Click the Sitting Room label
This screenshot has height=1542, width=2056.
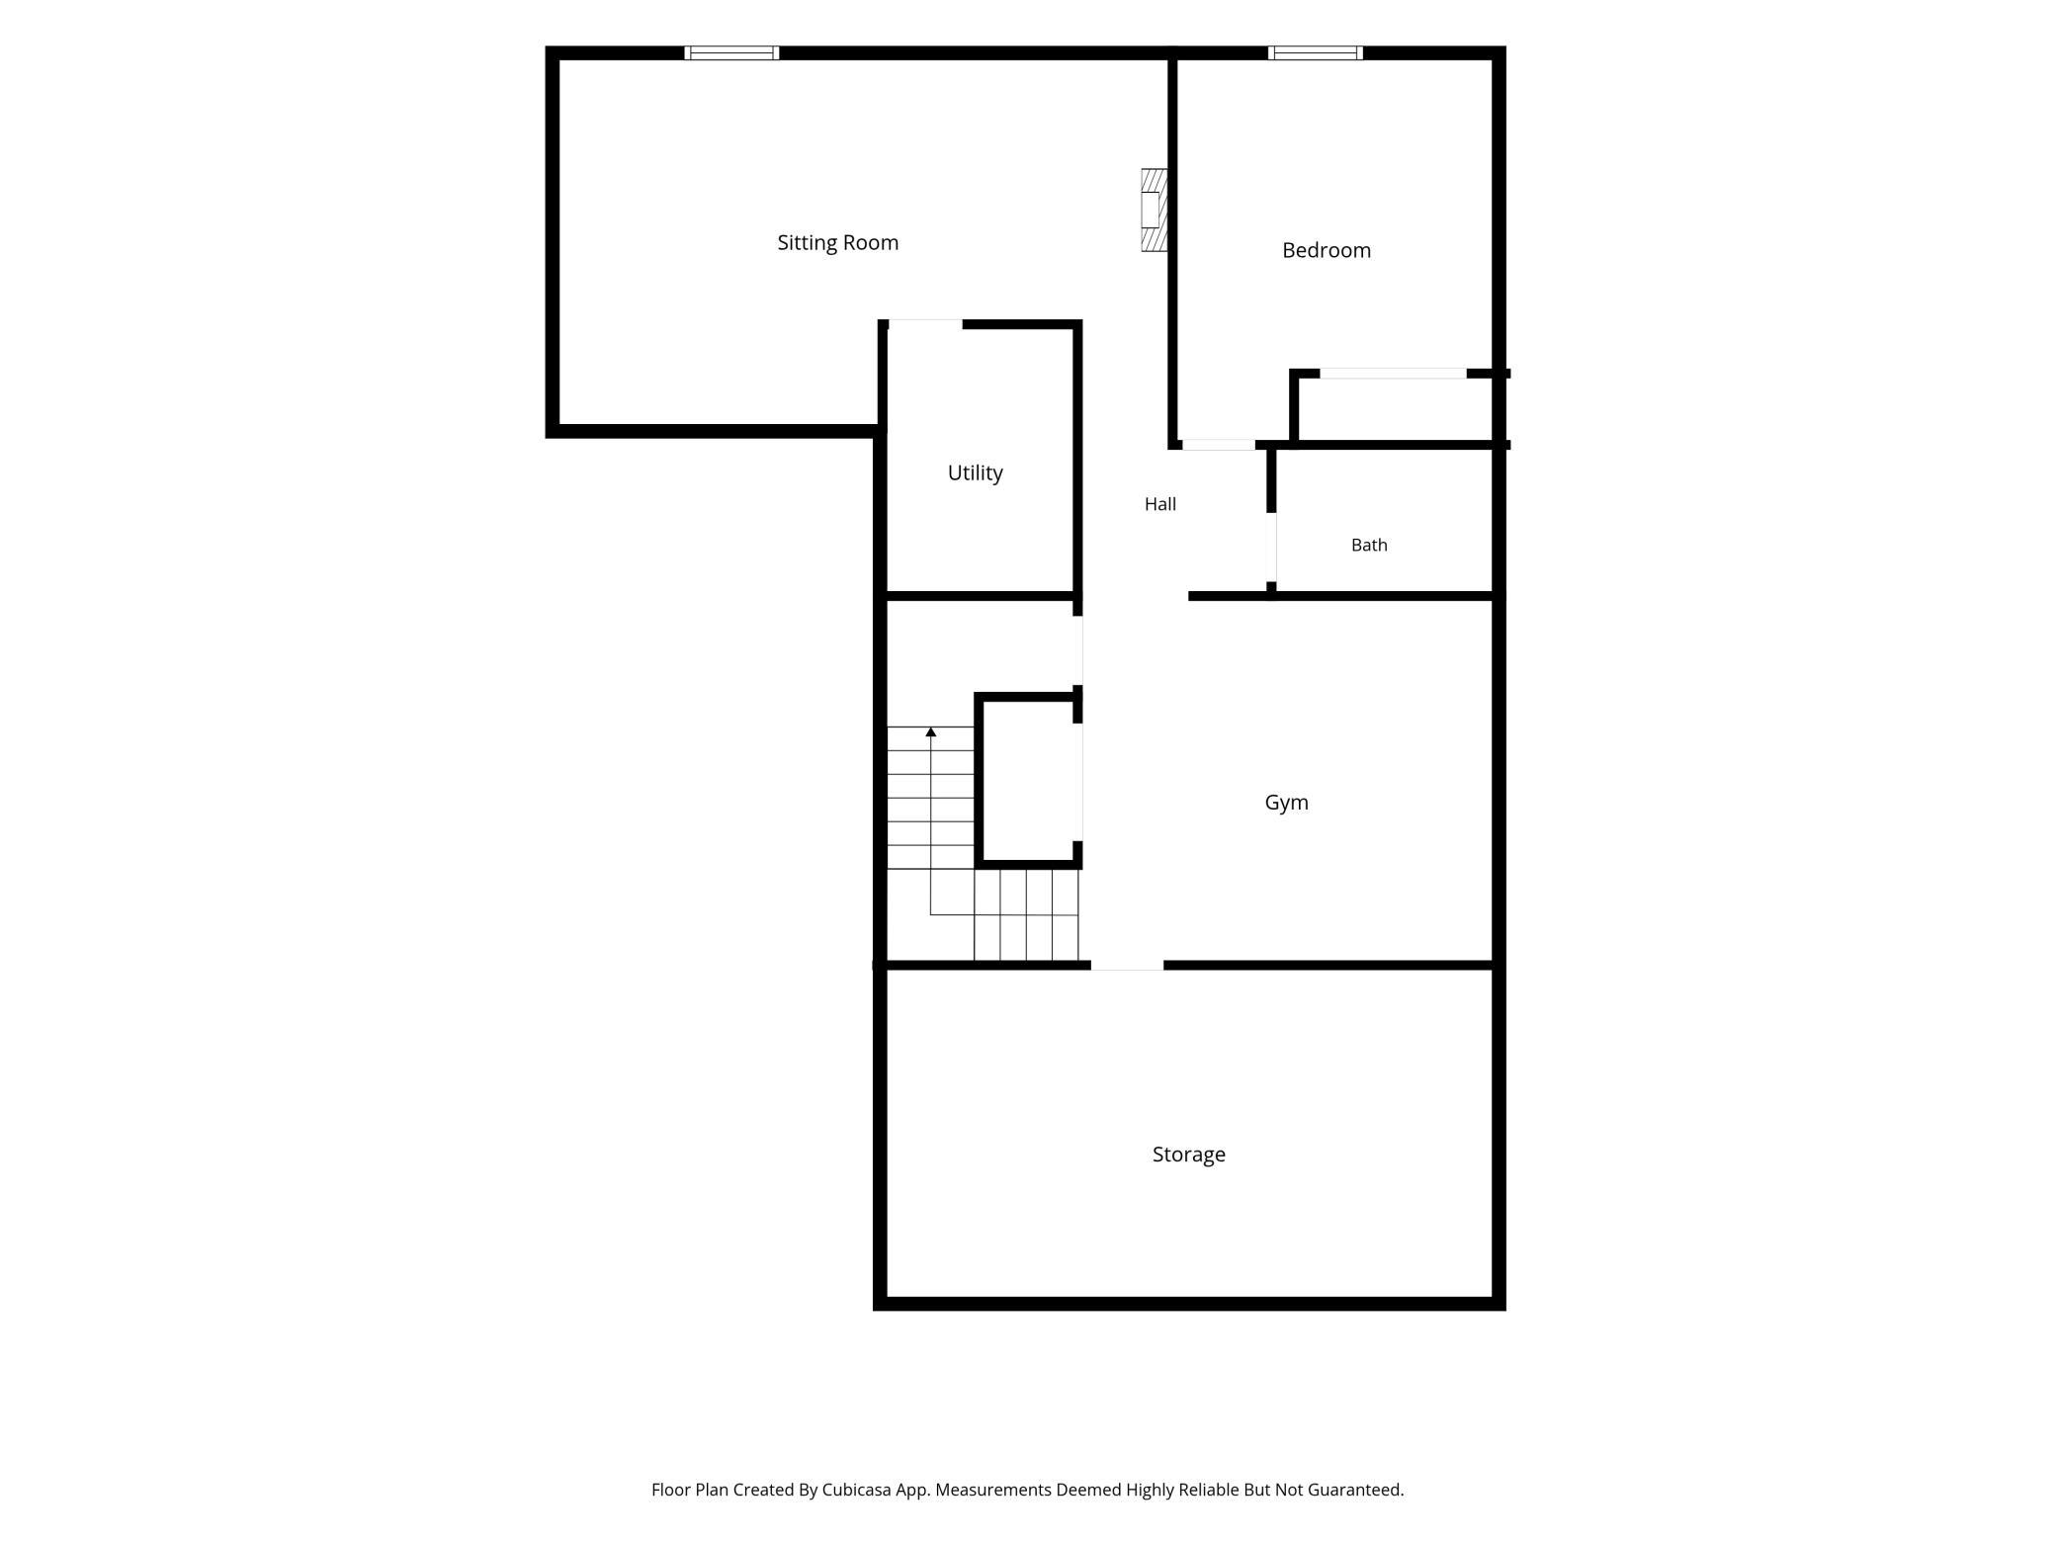pyautogui.click(x=837, y=243)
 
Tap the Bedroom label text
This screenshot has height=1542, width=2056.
pyautogui.click(x=1327, y=251)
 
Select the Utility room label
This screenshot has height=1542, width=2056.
pyautogui.click(x=975, y=473)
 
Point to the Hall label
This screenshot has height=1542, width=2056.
pyautogui.click(x=1160, y=504)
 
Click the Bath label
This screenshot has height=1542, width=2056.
pyautogui.click(x=1369, y=545)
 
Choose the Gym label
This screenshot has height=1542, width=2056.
pyautogui.click(x=1286, y=803)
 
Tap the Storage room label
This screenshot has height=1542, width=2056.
pyautogui.click(x=1188, y=1155)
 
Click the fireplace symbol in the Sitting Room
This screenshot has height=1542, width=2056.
pyautogui.click(x=1154, y=210)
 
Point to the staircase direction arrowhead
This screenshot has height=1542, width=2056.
pyautogui.click(x=930, y=731)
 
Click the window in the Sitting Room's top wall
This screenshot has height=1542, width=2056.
pyautogui.click(x=731, y=53)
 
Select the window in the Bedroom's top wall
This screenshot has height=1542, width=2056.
pyautogui.click(x=1316, y=53)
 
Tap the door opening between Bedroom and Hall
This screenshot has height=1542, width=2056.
pyautogui.click(x=1219, y=445)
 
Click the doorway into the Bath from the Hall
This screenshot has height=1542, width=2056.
pyautogui.click(x=1271, y=548)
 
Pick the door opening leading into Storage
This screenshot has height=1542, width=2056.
pyautogui.click(x=1127, y=965)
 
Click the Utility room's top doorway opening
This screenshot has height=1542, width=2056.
pyautogui.click(x=925, y=324)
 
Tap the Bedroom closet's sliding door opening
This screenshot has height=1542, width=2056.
pyautogui.click(x=1393, y=374)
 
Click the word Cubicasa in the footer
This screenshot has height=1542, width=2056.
pyautogui.click(x=857, y=1490)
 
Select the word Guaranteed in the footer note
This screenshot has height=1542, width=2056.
pyautogui.click(x=1355, y=1490)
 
